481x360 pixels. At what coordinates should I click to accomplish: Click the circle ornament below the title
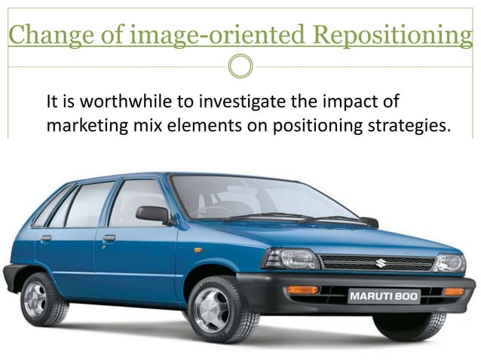pyautogui.click(x=240, y=66)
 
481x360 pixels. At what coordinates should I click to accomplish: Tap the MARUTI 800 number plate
pyautogui.click(x=384, y=297)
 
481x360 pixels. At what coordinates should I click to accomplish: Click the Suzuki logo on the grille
pyautogui.click(x=381, y=263)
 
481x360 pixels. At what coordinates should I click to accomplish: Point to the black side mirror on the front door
pyautogui.click(x=155, y=215)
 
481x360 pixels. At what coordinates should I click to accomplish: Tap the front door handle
pyautogui.click(x=109, y=238)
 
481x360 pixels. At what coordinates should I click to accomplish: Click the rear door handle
pyautogui.click(x=46, y=238)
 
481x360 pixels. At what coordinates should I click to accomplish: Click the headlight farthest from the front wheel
pyautogui.click(x=449, y=263)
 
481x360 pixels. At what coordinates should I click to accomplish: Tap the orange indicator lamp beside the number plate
pyautogui.click(x=303, y=290)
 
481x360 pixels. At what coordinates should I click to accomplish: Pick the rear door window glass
pyautogui.click(x=89, y=203)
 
